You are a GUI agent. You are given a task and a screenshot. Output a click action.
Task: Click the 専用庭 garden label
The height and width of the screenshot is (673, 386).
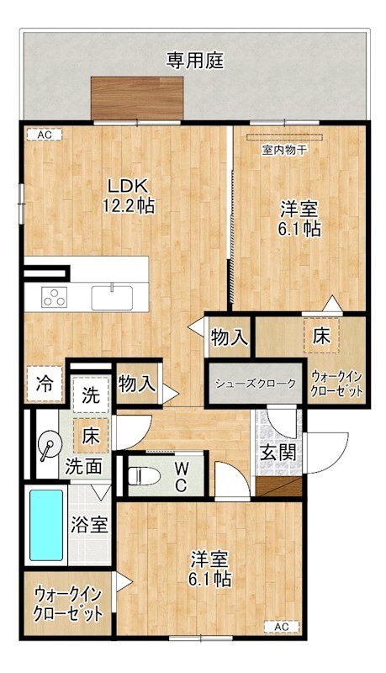pos(194,60)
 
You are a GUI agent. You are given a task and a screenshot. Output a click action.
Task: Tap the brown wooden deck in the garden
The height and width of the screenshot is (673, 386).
pos(137,98)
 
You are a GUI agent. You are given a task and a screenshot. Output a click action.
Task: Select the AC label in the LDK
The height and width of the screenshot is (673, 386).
pos(44,135)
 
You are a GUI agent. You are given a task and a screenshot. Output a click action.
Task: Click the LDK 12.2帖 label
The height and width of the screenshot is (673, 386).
pos(128,195)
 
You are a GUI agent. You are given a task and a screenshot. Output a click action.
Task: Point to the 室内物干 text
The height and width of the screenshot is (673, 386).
pos(283,149)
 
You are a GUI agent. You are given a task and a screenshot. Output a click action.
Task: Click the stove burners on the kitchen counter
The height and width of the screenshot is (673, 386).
pos(55,296)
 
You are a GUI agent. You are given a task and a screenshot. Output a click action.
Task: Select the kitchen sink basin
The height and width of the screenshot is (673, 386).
pos(112,297)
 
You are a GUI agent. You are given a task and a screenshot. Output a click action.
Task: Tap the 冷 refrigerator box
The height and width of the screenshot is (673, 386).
pos(44,385)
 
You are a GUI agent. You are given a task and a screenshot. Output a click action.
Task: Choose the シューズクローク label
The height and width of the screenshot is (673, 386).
pos(256,384)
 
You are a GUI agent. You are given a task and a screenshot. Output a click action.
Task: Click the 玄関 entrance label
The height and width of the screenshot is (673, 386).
pos(277,451)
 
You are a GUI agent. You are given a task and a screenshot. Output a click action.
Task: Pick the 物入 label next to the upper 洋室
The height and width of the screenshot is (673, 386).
pos(229,338)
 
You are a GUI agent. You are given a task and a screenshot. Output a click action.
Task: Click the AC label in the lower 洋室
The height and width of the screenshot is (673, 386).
pos(281,627)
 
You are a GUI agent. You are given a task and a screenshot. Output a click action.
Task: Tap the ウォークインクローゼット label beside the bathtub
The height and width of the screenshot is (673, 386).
pos(68,603)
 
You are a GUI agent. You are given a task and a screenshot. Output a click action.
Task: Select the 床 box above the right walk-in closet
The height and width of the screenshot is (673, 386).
pos(321,335)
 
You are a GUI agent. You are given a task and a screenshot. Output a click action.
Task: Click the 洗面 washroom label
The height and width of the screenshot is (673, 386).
pos(84,464)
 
